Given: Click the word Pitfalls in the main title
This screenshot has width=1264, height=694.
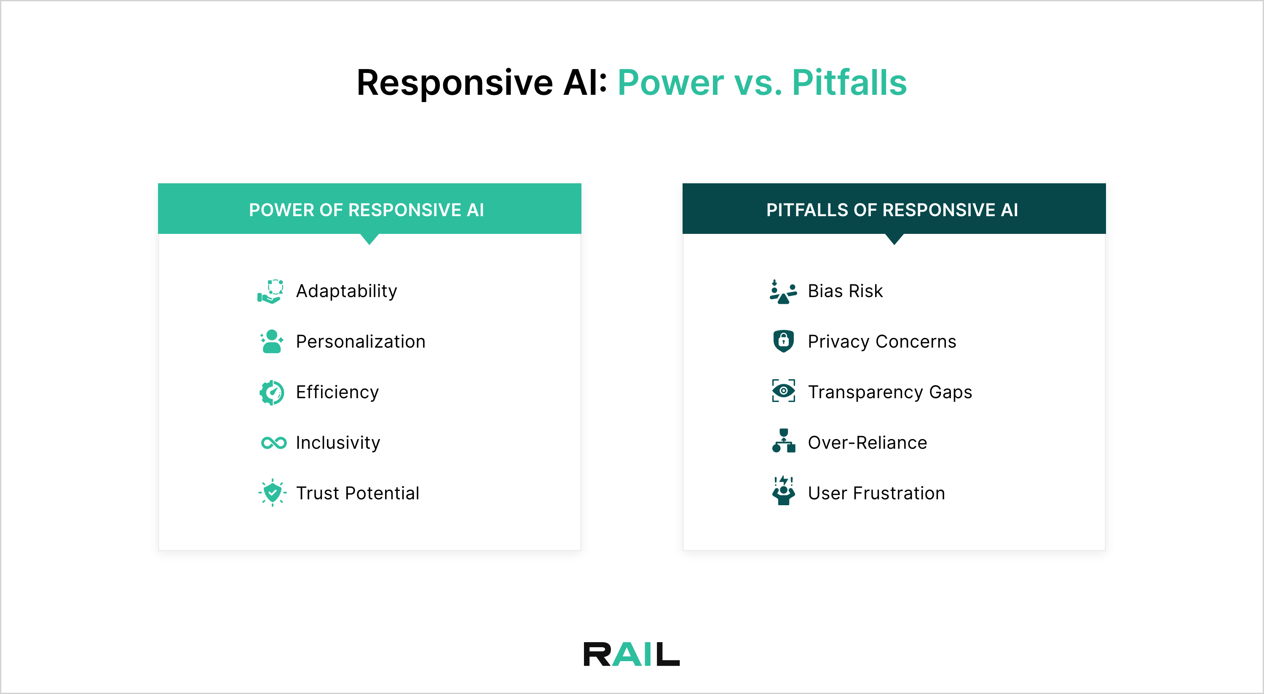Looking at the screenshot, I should [x=849, y=83].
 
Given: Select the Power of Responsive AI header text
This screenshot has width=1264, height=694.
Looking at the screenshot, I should [x=366, y=210].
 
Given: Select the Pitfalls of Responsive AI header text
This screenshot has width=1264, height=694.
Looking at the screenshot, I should [x=892, y=210].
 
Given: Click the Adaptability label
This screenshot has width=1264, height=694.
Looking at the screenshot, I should [x=346, y=291].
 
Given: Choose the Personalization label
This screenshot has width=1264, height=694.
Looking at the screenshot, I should [x=360, y=342].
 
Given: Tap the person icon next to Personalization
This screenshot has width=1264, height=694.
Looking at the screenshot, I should [x=272, y=342].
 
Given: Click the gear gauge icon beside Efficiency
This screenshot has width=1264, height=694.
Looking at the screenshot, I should [x=272, y=392].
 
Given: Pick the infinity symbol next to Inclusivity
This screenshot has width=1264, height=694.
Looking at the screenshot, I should [x=273, y=443].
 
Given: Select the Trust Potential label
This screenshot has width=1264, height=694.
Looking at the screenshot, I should [x=357, y=493].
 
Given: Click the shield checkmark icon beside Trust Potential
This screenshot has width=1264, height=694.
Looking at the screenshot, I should [x=272, y=493].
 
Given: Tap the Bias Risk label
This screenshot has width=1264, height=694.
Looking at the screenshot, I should [x=845, y=291].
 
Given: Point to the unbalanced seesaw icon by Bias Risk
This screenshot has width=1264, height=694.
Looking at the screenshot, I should [x=783, y=292].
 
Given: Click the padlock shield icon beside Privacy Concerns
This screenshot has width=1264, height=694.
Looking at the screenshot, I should [x=783, y=341].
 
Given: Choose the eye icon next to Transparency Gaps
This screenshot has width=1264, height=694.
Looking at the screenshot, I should [x=783, y=391].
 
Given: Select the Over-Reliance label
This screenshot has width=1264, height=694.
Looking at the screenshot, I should [x=867, y=443].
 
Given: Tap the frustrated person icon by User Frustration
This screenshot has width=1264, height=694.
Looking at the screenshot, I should [x=783, y=491].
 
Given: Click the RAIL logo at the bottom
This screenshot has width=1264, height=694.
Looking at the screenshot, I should [x=632, y=654].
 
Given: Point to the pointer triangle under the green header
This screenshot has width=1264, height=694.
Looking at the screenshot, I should [x=370, y=239].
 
